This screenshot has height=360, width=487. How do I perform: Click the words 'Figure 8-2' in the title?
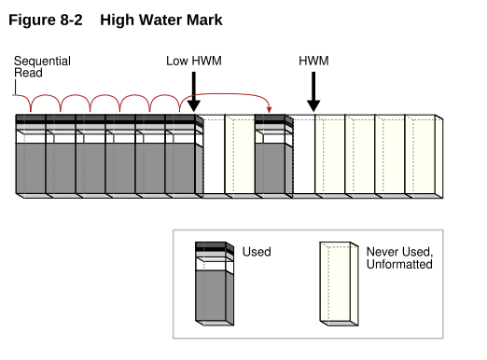click(46, 20)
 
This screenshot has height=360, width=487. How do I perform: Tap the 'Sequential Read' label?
click(42, 67)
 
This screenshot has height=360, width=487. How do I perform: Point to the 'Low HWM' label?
click(194, 61)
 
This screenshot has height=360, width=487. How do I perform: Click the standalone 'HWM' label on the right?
click(313, 61)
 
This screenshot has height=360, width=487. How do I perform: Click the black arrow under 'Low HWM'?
click(194, 92)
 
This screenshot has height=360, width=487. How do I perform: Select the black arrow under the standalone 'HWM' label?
click(313, 92)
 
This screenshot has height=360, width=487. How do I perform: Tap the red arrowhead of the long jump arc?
click(270, 109)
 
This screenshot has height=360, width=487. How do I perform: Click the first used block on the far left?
click(31, 155)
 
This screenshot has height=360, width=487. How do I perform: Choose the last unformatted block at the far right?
click(424, 157)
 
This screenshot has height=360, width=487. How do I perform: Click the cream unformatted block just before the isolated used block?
click(240, 155)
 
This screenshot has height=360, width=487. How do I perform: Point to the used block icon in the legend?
click(215, 284)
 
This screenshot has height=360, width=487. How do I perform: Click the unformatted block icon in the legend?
click(339, 284)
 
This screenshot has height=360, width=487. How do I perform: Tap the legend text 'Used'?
click(257, 252)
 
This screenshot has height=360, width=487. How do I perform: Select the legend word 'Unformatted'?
click(399, 264)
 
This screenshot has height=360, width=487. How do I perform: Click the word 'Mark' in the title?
click(204, 20)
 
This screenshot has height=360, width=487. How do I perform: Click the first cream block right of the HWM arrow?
click(330, 155)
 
